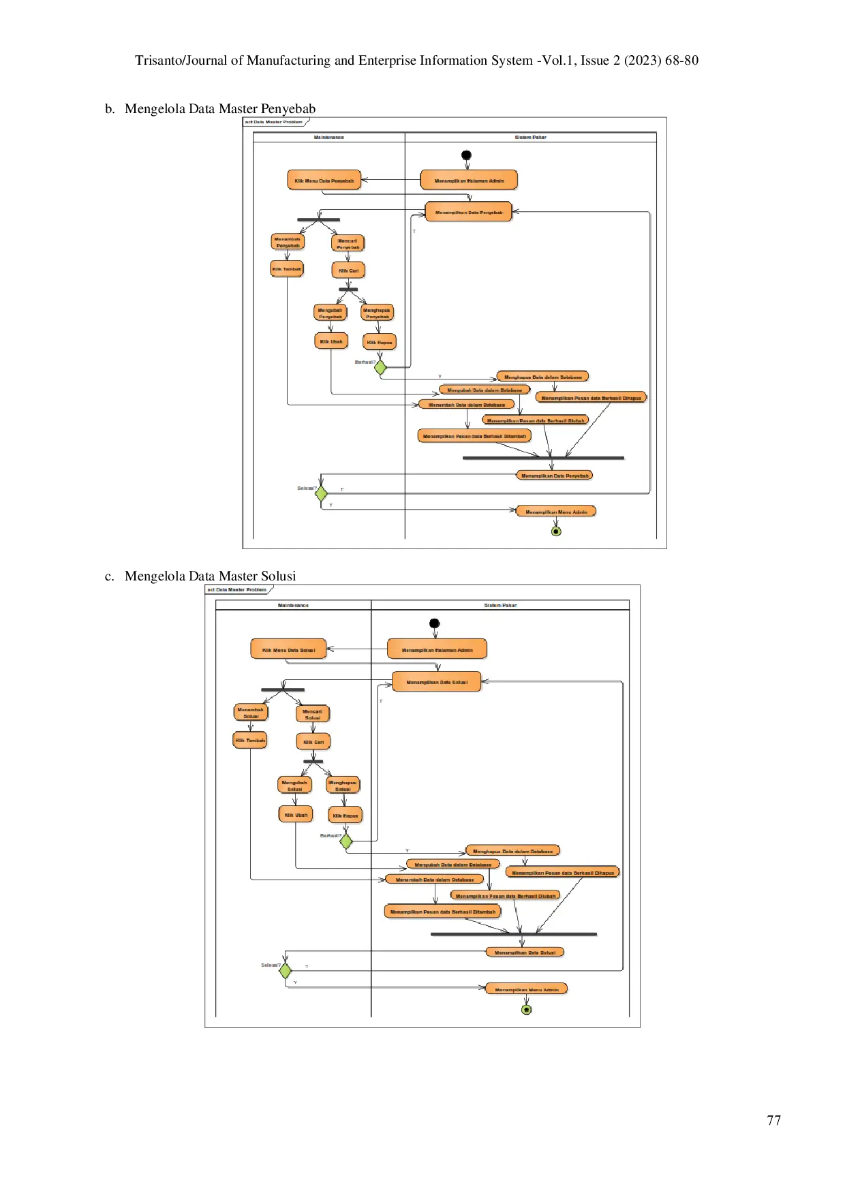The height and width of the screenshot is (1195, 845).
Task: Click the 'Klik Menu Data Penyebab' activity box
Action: (x=324, y=181)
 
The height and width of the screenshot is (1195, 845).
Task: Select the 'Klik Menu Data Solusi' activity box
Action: (x=288, y=650)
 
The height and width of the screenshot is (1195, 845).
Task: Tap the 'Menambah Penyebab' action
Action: (x=288, y=242)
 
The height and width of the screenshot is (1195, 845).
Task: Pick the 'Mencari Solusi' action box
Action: (x=312, y=714)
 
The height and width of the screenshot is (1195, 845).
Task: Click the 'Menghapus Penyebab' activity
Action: (x=377, y=313)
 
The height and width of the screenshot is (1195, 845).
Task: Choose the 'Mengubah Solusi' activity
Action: (x=294, y=786)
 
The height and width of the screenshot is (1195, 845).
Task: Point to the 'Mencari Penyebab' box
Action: (x=348, y=243)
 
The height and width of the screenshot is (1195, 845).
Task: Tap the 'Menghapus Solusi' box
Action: (x=343, y=786)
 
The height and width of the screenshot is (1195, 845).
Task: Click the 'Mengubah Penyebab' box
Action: (x=330, y=313)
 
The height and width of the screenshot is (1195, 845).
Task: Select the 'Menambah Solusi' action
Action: (x=251, y=713)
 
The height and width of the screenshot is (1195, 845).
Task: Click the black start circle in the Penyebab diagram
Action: (x=466, y=155)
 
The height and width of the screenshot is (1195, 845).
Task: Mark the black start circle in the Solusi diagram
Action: (x=435, y=623)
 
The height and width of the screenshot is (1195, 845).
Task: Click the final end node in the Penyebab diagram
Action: (x=556, y=531)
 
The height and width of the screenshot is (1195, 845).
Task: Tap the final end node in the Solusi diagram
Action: (x=526, y=1010)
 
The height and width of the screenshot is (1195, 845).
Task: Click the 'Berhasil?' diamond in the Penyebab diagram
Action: (x=380, y=367)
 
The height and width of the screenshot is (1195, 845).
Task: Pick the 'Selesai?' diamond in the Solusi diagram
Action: (x=286, y=970)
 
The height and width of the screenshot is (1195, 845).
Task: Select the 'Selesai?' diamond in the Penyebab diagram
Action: (x=321, y=493)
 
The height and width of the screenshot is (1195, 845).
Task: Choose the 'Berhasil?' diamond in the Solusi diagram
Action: (x=346, y=841)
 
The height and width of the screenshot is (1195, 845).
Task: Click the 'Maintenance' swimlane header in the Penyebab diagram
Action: (x=329, y=138)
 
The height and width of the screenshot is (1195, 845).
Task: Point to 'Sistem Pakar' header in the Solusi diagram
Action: (x=500, y=605)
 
